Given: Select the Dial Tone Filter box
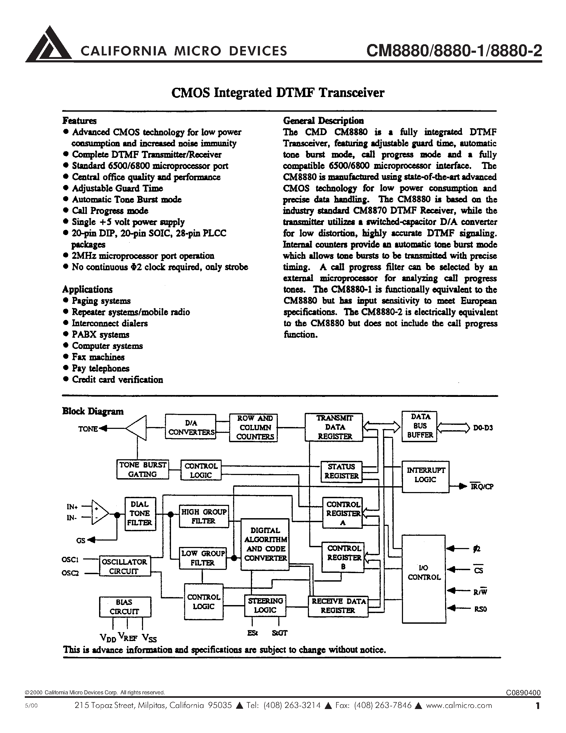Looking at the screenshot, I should [x=140, y=514].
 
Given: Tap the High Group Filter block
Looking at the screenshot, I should [x=203, y=517].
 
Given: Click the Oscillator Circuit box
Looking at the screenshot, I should [x=125, y=566].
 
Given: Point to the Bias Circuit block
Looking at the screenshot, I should [x=125, y=607].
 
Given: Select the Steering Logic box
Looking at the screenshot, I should [x=265, y=606].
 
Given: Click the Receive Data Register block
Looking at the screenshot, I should [x=338, y=606].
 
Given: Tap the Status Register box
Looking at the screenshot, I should [x=341, y=471].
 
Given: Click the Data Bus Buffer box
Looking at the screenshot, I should [x=420, y=426].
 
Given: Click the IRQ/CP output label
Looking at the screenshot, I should [x=482, y=486].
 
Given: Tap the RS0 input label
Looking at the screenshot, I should [x=481, y=609].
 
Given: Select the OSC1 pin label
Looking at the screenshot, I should [x=70, y=559].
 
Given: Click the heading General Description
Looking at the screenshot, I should [x=323, y=120].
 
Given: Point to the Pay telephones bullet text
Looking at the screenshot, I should [x=101, y=368].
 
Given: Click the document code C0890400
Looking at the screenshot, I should [x=523, y=693].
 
